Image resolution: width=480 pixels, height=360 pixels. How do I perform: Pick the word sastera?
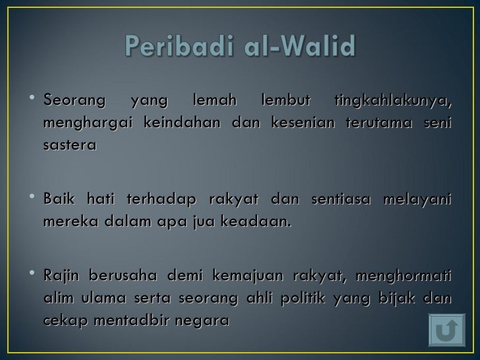pyautogui.click(x=69, y=145)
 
